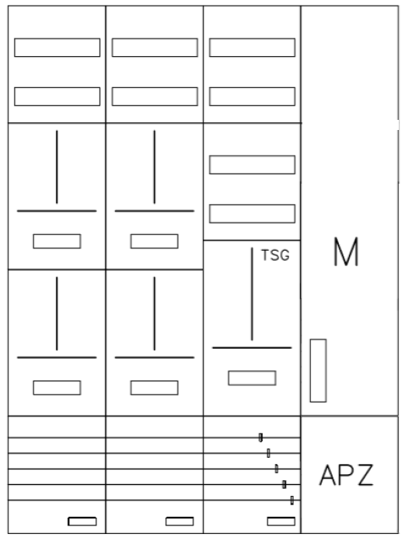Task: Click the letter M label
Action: click(x=346, y=251)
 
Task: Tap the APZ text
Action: click(x=346, y=475)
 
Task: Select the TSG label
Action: click(x=275, y=255)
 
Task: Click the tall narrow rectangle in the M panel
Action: click(x=318, y=371)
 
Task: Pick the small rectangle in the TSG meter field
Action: click(x=252, y=378)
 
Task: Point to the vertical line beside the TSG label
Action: click(x=252, y=294)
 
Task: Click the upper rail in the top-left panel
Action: click(x=58, y=47)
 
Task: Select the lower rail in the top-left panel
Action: click(x=58, y=97)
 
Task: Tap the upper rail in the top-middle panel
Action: click(x=155, y=47)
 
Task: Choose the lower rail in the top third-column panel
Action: click(x=252, y=97)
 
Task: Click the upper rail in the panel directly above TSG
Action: click(x=252, y=164)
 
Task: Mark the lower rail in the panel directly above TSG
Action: click(x=252, y=213)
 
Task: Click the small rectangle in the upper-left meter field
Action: click(x=58, y=241)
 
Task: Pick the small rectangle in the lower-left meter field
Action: click(x=58, y=388)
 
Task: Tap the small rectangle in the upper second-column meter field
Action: click(x=155, y=241)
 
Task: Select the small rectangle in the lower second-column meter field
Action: click(x=155, y=388)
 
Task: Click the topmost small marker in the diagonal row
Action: click(x=260, y=437)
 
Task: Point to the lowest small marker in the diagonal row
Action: click(x=292, y=501)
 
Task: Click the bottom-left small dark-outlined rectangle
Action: click(x=82, y=521)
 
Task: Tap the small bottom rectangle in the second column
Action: click(x=180, y=521)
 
